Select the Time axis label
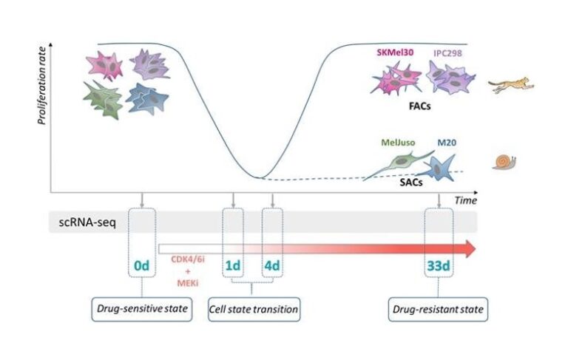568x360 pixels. (465, 200)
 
